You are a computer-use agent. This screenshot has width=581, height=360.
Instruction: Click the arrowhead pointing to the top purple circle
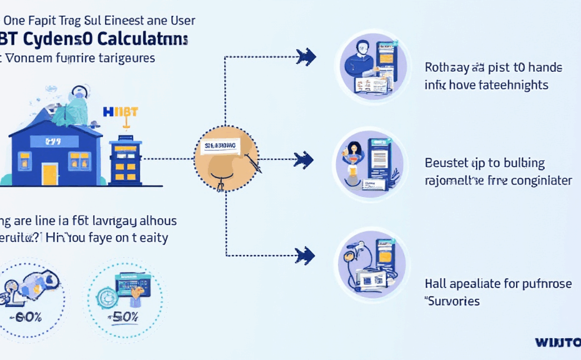(306, 57)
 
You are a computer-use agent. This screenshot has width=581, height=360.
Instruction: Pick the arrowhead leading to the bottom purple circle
(305, 255)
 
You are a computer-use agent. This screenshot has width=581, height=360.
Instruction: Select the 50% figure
(126, 316)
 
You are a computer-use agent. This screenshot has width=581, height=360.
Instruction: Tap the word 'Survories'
(452, 301)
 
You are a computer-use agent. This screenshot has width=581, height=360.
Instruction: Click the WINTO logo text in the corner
(557, 342)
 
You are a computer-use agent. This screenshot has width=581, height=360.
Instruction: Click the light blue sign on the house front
(50, 143)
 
